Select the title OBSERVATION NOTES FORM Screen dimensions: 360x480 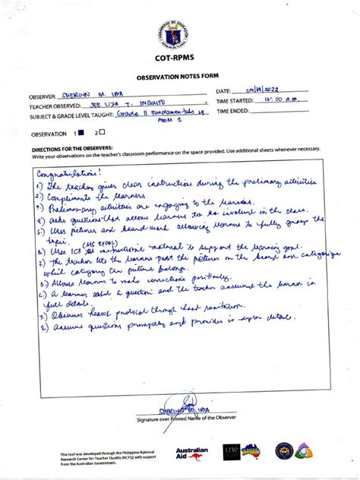pyautogui.click(x=179, y=77)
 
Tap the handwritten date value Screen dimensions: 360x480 pyautogui.click(x=267, y=90)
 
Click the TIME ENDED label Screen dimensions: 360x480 pyautogui.click(x=233, y=111)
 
